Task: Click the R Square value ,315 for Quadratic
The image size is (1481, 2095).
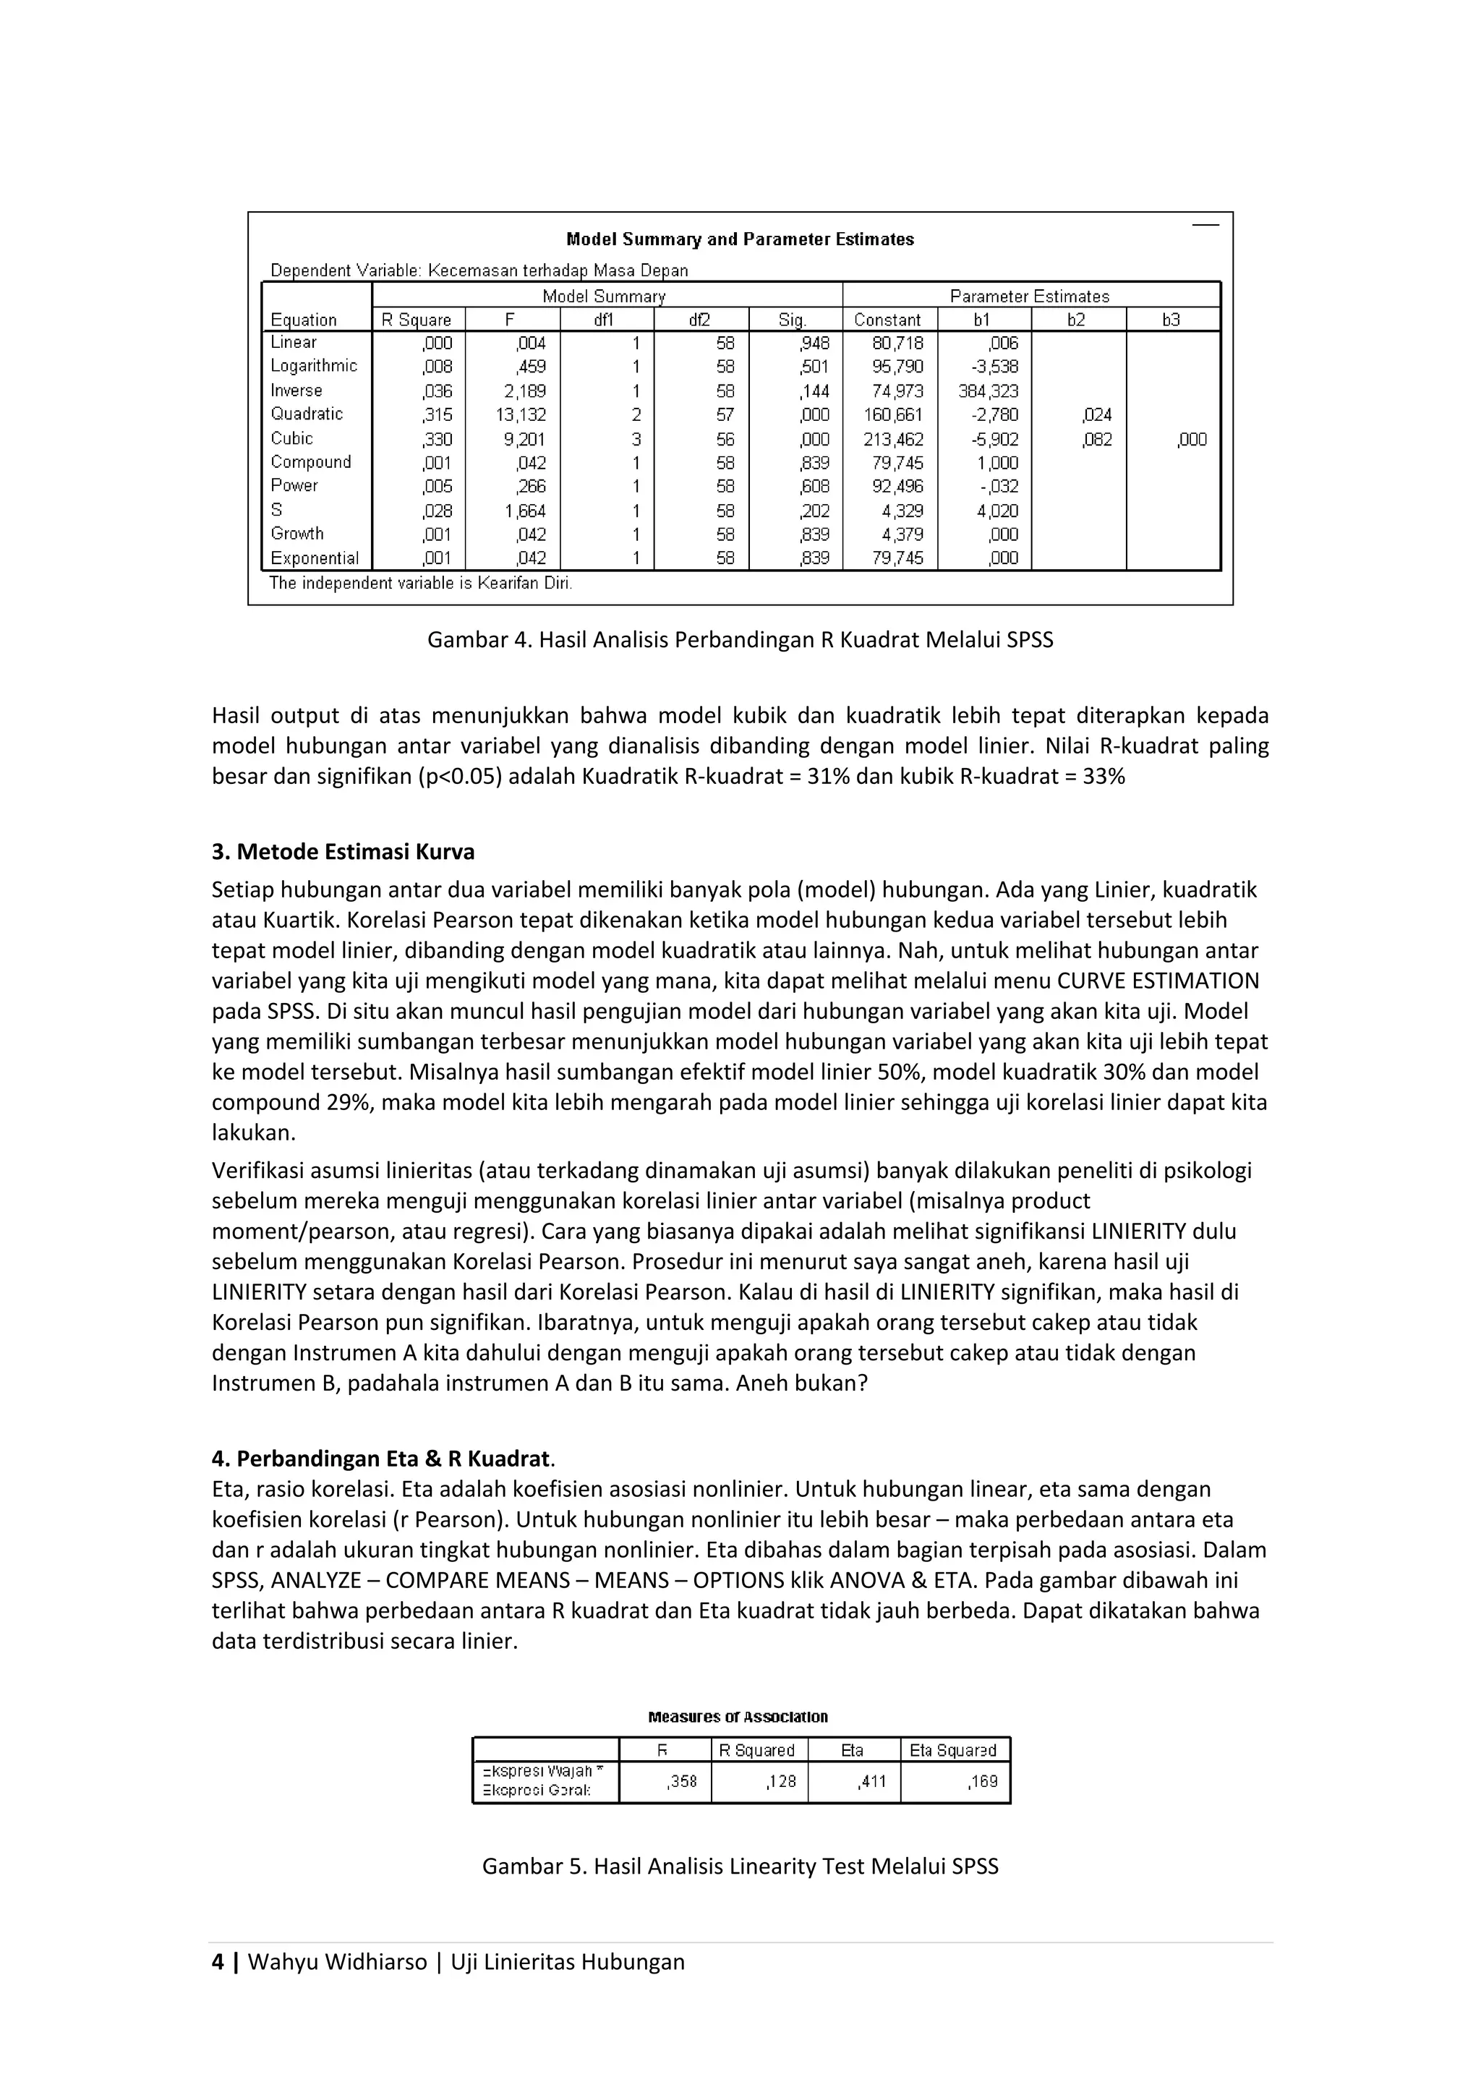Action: [437, 415]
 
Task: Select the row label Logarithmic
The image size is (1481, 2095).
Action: [313, 366]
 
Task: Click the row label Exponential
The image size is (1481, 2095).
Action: [314, 558]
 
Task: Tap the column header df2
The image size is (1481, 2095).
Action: [700, 320]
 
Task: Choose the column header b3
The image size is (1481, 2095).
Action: [1171, 320]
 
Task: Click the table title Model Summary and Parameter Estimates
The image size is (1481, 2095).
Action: [739, 239]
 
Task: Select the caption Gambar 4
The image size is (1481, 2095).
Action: [739, 639]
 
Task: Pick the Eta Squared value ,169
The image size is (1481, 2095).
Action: [983, 1780]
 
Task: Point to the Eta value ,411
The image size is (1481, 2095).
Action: [871, 1780]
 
